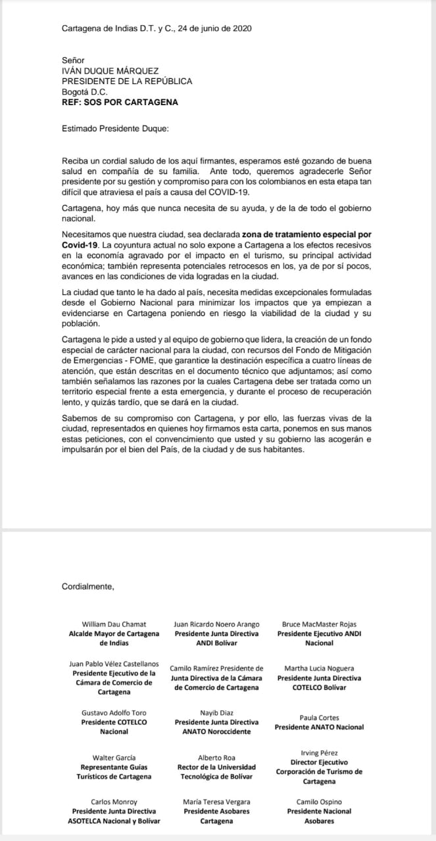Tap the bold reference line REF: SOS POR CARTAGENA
pos(120,102)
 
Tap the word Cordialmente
pos(87,586)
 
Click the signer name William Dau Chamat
pos(114,624)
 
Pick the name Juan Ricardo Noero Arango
pos(216,624)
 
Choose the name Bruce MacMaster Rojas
pos(319,624)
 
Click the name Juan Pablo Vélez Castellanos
pos(114,664)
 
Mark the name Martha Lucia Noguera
pos(319,668)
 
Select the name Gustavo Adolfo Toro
pos(114,713)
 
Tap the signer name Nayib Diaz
pos(216,713)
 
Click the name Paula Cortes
pos(319,718)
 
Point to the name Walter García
pos(114,758)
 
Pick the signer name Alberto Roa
pos(216,758)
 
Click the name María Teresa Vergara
pos(216,802)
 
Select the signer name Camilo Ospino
pos(319,802)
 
